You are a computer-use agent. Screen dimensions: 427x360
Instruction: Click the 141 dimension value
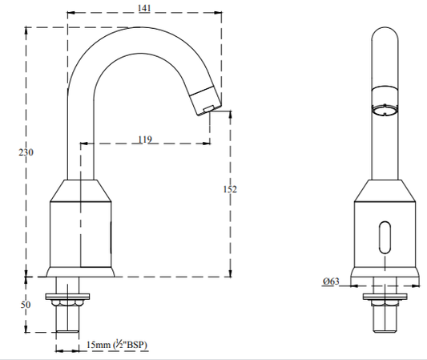point(144,8)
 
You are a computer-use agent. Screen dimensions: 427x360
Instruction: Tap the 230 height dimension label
point(26,152)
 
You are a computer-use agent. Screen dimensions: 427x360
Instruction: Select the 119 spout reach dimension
point(145,140)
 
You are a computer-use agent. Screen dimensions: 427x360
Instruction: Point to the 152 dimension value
point(230,189)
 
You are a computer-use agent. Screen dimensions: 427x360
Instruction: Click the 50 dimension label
point(26,305)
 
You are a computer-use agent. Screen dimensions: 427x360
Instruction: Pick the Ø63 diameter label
point(331,281)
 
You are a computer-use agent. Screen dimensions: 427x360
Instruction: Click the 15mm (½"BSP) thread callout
point(117,345)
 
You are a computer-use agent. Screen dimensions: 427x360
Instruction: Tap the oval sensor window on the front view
point(385,237)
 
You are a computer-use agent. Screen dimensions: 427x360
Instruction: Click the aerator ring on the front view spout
point(385,111)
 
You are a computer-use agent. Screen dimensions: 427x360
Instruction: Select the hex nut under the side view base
point(68,303)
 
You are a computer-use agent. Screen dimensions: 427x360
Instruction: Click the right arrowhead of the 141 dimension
point(218,12)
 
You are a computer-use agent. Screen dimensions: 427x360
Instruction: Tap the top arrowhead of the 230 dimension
point(26,30)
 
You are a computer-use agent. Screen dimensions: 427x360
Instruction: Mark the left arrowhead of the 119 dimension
point(84,143)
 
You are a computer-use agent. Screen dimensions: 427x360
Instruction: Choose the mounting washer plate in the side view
point(68,296)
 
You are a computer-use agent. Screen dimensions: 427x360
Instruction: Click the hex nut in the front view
point(385,303)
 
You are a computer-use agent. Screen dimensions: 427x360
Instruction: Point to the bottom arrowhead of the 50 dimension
point(26,329)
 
